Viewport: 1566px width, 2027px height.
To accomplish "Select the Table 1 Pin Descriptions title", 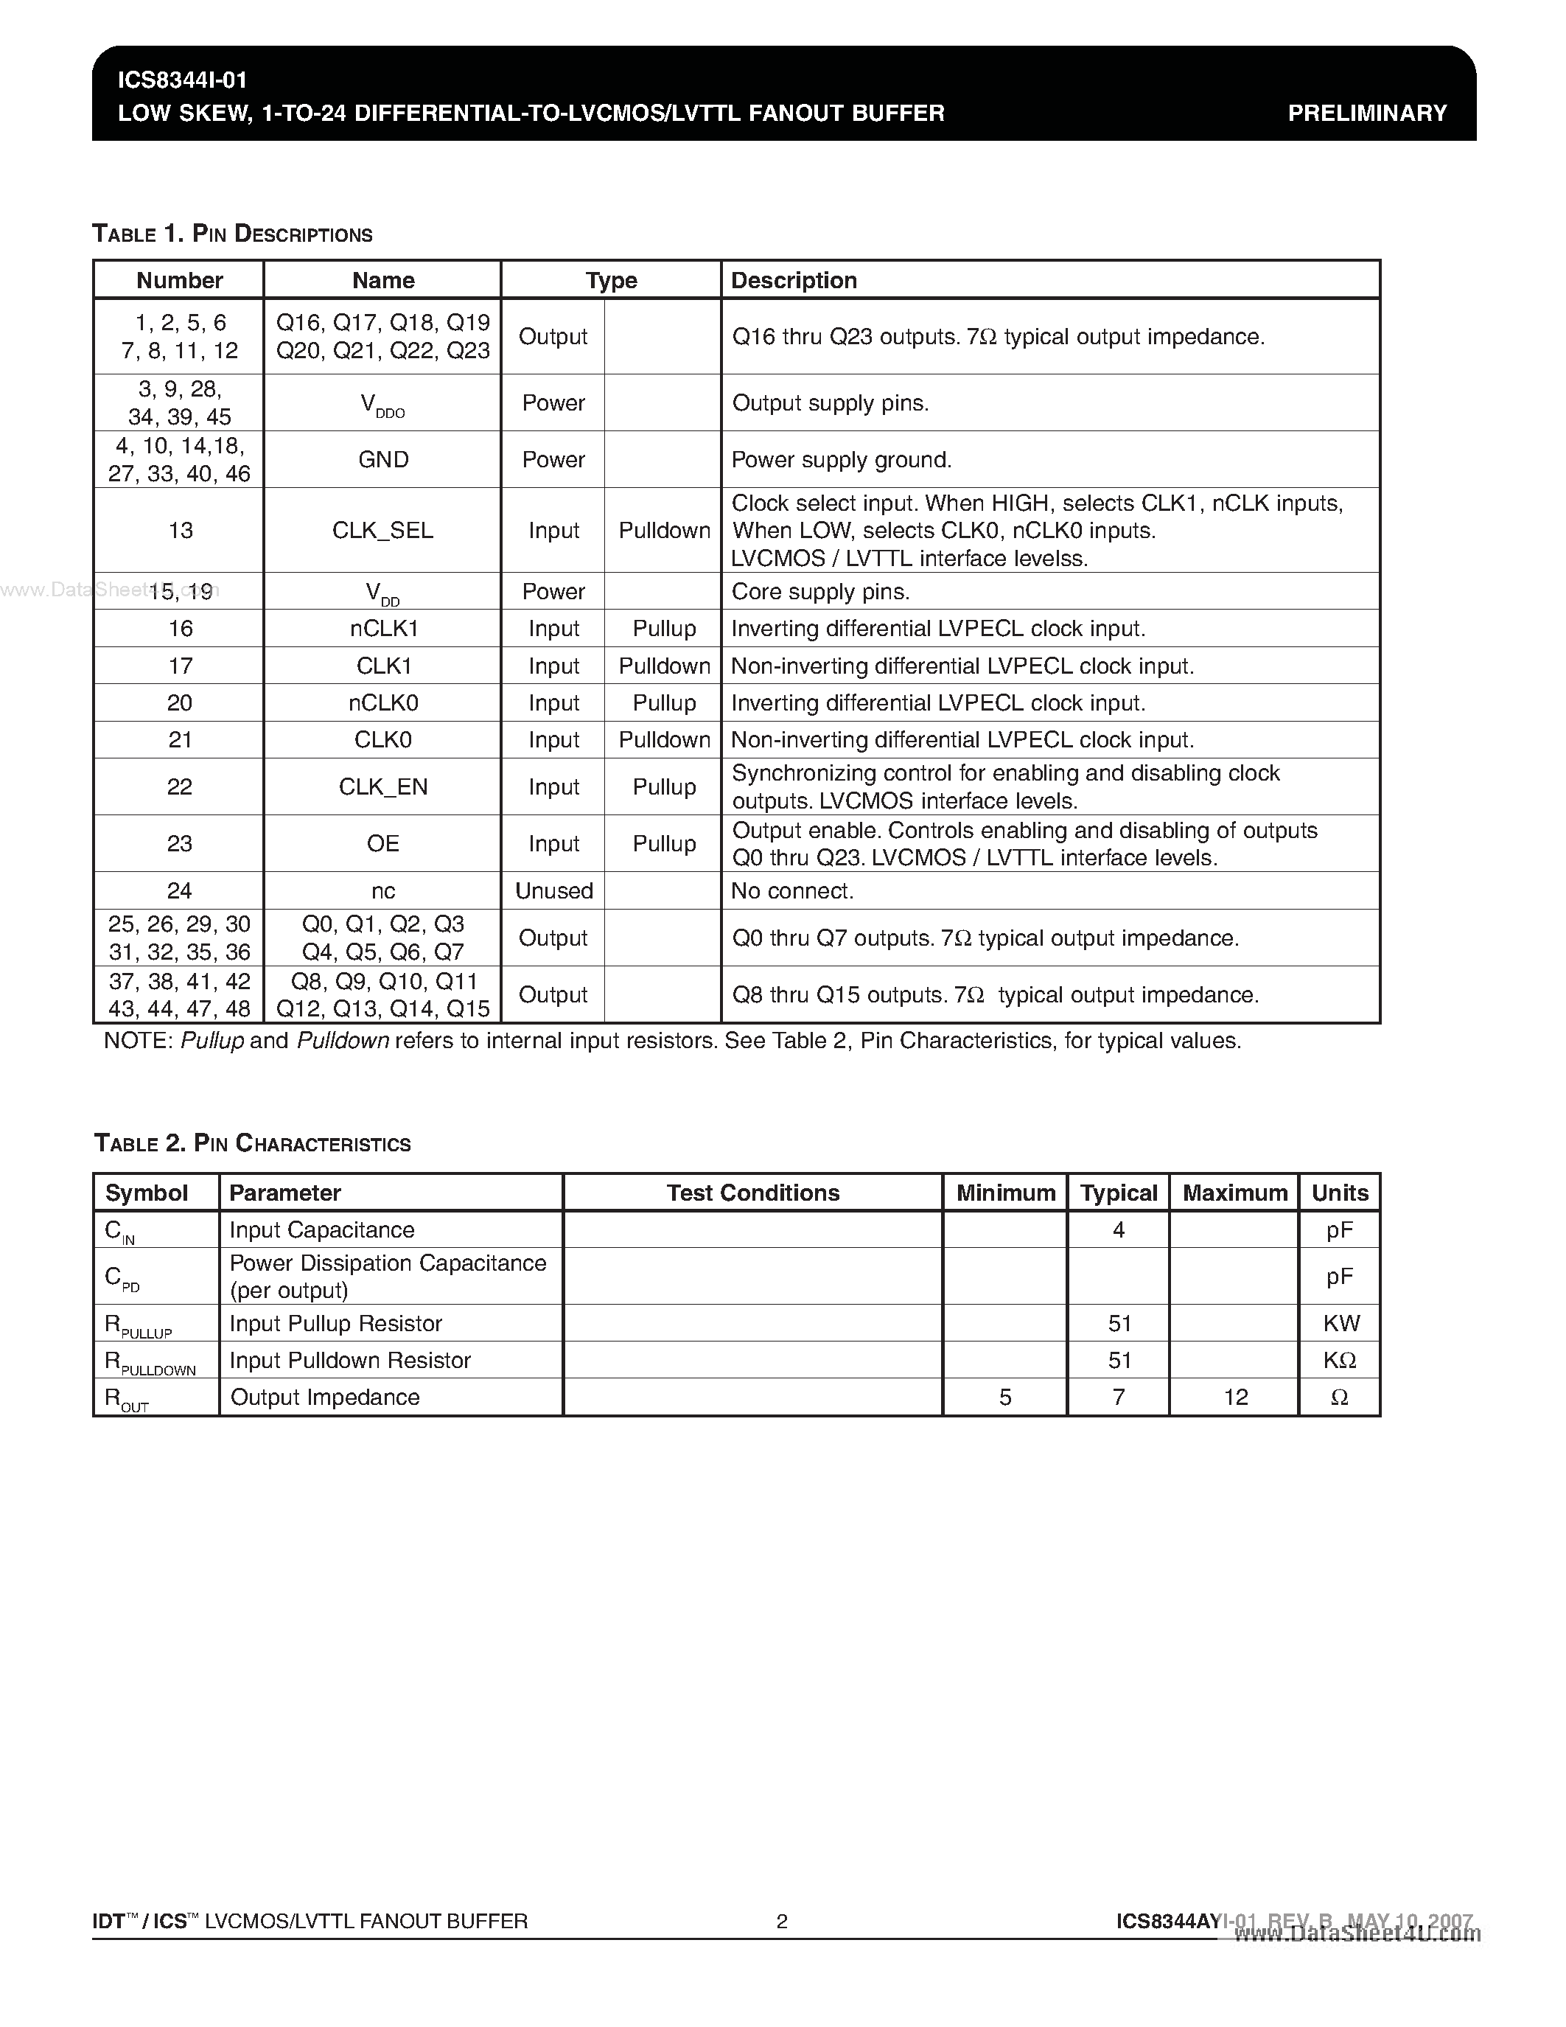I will tap(232, 234).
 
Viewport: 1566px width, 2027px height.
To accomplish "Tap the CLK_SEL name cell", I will tap(382, 530).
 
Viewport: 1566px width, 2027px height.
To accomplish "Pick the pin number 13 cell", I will tap(180, 530).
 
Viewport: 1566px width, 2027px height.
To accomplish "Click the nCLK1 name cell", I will tap(383, 628).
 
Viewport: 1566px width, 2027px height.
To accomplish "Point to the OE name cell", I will tap(382, 842).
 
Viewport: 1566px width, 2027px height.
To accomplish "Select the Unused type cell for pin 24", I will tap(554, 891).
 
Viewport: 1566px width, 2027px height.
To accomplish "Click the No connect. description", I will tap(792, 891).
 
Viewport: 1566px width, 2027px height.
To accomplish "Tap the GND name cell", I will tap(382, 459).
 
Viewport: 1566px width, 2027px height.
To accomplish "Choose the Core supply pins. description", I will tap(820, 591).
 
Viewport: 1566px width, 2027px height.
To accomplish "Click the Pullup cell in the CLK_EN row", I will tap(663, 787).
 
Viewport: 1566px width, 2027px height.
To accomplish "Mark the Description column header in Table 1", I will tap(794, 280).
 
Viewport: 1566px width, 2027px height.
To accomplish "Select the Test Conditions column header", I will tap(752, 1193).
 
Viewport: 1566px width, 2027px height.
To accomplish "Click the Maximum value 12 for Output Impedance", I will tap(1235, 1397).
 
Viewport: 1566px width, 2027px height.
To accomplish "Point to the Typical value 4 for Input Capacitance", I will tap(1118, 1229).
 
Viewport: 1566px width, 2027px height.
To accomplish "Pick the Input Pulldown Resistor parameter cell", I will tap(350, 1360).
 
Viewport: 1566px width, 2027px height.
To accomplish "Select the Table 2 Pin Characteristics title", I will tap(252, 1143).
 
